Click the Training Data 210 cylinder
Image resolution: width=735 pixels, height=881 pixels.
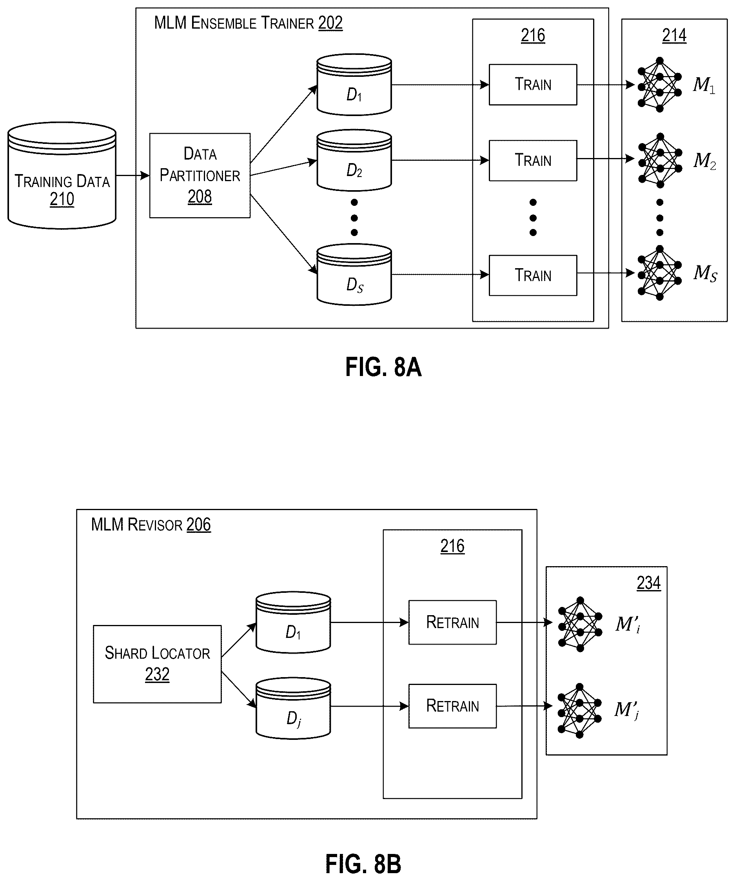(62, 175)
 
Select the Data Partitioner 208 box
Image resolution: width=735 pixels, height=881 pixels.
(200, 175)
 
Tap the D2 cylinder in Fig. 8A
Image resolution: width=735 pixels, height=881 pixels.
(354, 160)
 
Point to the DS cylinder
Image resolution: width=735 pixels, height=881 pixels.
(354, 274)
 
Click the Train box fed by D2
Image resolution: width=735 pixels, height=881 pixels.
(533, 160)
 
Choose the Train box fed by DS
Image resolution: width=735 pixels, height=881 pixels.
(533, 275)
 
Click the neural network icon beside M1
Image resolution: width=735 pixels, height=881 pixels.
(659, 85)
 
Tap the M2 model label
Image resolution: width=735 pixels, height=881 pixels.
(705, 161)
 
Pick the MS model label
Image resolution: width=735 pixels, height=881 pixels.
(705, 273)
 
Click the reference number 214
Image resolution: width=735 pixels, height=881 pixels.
(674, 35)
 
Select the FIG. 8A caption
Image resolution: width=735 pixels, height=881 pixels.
(383, 367)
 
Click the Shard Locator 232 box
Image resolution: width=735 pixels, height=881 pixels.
(157, 664)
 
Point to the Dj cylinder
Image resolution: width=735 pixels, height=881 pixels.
(293, 708)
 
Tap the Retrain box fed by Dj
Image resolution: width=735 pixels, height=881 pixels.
(453, 706)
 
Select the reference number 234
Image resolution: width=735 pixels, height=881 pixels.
(649, 583)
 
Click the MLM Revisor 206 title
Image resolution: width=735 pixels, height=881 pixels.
(151, 525)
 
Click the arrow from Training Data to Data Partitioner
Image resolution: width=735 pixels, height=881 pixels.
(133, 175)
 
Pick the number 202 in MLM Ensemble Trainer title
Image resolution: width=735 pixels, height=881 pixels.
(330, 23)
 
